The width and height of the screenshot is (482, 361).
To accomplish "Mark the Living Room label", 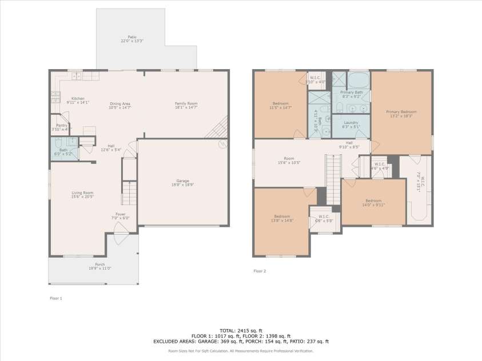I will tap(82, 195).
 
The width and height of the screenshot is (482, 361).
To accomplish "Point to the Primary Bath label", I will tap(351, 94).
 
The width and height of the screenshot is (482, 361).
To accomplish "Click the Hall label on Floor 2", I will tap(349, 144).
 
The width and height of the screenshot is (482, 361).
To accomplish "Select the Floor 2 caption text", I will tap(260, 271).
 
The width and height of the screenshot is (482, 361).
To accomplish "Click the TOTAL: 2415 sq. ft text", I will tap(241, 331).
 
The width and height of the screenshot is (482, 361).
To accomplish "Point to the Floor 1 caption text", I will tap(55, 298).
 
